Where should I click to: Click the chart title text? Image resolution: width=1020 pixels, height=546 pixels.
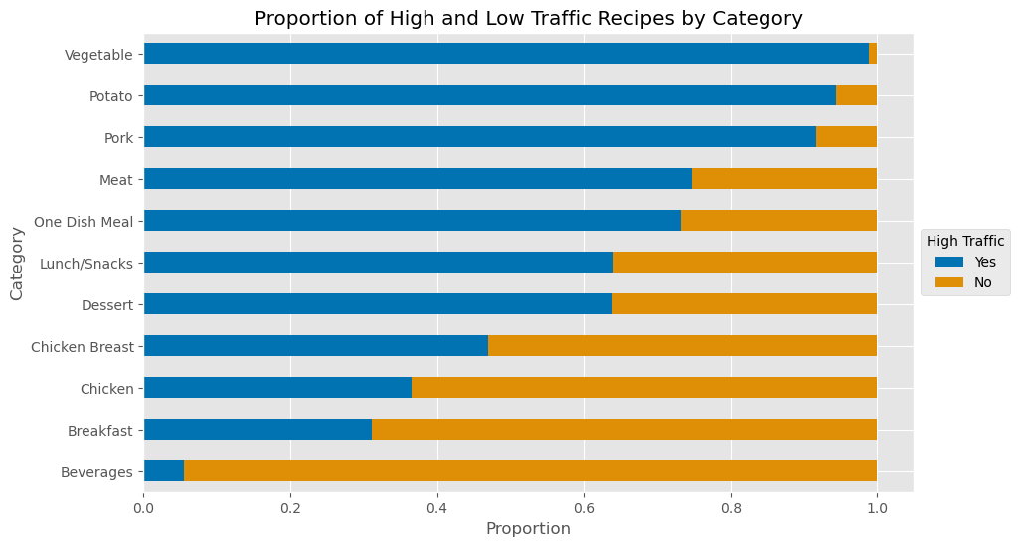528,18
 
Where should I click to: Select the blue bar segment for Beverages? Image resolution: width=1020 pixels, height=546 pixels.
164,471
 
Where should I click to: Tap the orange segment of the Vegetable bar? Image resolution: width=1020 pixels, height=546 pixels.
873,54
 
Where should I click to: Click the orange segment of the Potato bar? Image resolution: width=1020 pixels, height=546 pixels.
856,95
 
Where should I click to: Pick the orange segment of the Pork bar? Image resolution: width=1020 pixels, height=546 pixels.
846,137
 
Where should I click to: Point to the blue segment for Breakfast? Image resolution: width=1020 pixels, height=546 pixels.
257,430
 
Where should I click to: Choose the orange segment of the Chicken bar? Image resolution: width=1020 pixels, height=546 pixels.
644,388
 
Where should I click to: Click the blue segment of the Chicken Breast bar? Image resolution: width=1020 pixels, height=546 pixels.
316,346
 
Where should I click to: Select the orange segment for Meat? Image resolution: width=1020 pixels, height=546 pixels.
784,179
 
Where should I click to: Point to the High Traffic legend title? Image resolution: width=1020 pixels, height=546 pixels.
964,240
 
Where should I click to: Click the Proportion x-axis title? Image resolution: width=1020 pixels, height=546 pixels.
528,529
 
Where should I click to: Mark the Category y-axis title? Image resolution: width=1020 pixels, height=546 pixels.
17,263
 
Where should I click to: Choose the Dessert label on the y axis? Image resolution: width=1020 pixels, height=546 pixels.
107,304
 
